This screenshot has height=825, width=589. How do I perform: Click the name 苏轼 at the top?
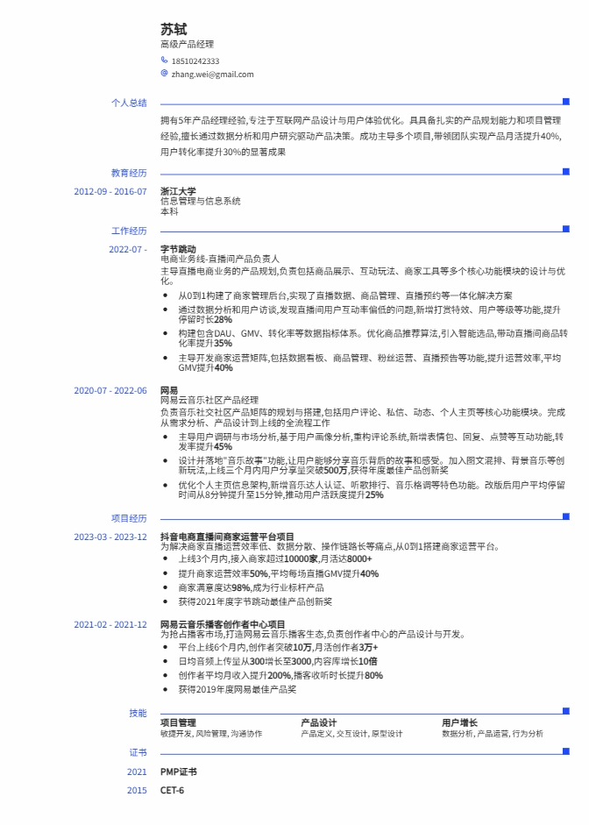tap(174, 30)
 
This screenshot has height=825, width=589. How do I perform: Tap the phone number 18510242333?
tap(195, 61)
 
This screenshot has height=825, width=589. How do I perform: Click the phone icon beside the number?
tap(164, 60)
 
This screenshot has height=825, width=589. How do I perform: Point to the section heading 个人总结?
tap(129, 103)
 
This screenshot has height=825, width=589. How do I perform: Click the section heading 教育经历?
tap(129, 173)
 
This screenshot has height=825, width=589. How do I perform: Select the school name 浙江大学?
tap(178, 191)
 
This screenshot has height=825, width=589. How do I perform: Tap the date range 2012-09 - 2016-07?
tap(110, 191)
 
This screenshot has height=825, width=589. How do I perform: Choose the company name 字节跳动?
tap(178, 250)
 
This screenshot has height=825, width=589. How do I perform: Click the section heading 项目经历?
tap(129, 518)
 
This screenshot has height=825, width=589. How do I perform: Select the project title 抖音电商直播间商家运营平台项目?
tap(227, 537)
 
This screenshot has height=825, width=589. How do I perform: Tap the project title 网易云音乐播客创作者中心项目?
tap(223, 624)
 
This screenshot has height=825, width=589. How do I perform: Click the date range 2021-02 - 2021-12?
tap(110, 624)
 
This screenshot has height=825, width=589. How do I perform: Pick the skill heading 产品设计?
tap(319, 723)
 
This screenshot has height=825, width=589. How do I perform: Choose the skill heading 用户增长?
tap(459, 723)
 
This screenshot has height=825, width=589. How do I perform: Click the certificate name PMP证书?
tap(179, 772)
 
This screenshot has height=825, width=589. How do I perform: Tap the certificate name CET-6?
tap(173, 791)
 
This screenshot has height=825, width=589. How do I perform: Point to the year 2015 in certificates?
tap(137, 791)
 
